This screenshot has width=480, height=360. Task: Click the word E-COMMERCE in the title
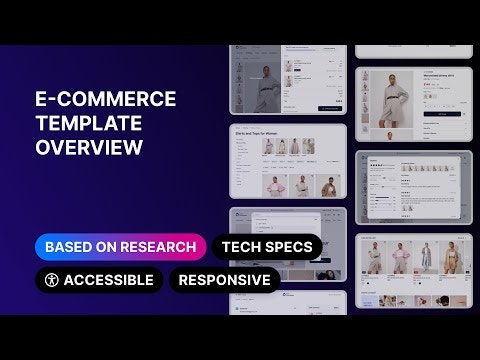pos(105,99)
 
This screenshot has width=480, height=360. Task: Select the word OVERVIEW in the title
pos(89,148)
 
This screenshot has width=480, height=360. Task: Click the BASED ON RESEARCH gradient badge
pos(120,246)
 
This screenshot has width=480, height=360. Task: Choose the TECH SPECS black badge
pos(267,246)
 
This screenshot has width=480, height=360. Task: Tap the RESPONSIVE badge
pos(225,280)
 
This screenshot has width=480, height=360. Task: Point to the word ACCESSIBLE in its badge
pos(108,280)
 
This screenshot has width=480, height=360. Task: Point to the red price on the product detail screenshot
pos(405,85)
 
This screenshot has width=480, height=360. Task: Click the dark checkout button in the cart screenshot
pos(330,107)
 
